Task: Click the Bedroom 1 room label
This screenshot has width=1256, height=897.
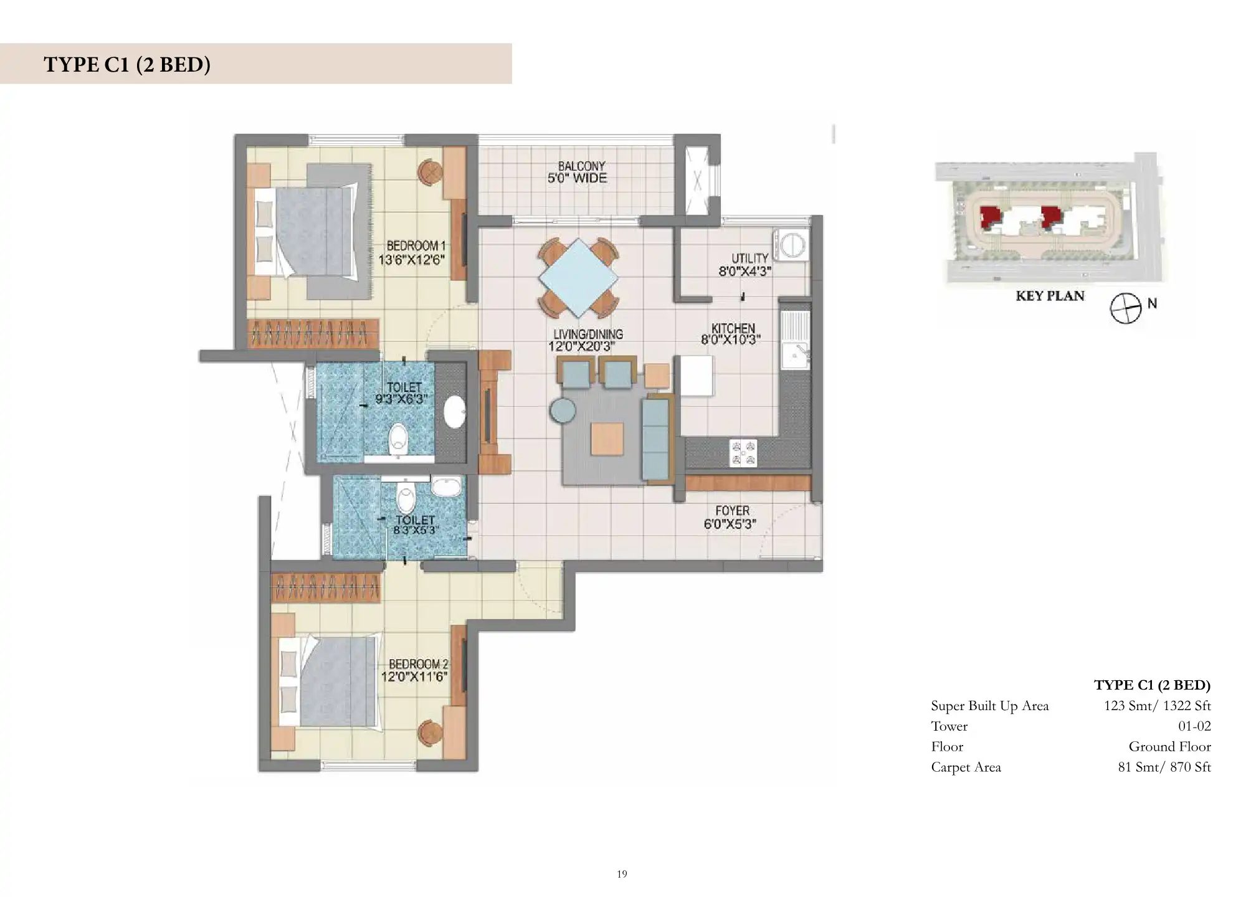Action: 416,246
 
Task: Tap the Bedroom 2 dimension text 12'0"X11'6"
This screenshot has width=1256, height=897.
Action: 414,676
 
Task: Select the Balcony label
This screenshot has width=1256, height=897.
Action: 581,166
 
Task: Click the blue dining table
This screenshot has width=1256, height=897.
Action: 579,278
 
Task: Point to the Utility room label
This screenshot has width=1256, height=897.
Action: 749,259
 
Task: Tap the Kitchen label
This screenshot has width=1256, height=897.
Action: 733,328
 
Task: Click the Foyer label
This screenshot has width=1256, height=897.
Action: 732,511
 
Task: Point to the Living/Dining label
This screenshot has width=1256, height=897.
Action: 588,335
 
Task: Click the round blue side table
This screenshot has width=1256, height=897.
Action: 563,411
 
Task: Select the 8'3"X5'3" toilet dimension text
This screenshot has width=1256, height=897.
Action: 416,531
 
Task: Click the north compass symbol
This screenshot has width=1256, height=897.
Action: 1126,308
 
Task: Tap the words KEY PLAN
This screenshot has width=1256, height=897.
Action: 1050,296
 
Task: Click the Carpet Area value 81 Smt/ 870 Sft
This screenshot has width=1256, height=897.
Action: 1164,767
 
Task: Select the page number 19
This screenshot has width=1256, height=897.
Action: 622,874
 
